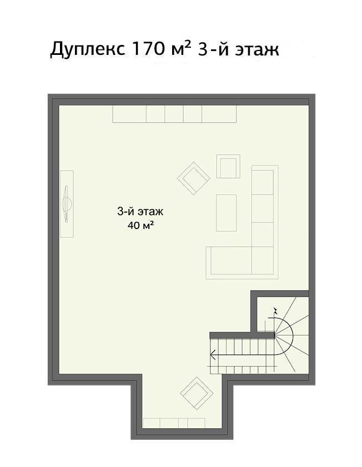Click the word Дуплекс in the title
point(87,49)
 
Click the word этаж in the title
point(257,50)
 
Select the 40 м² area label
point(140,225)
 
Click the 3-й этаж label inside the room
point(140,212)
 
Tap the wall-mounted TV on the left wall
point(67,204)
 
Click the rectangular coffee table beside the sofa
point(227,213)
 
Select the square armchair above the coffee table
point(228,166)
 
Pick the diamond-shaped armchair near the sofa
point(194,179)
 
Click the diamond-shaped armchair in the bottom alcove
point(196,393)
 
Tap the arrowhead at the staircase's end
point(213,355)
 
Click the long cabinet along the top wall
point(174,114)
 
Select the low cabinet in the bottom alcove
point(174,423)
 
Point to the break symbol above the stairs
point(276,312)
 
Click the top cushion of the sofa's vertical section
point(263,182)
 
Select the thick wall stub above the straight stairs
point(242,336)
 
